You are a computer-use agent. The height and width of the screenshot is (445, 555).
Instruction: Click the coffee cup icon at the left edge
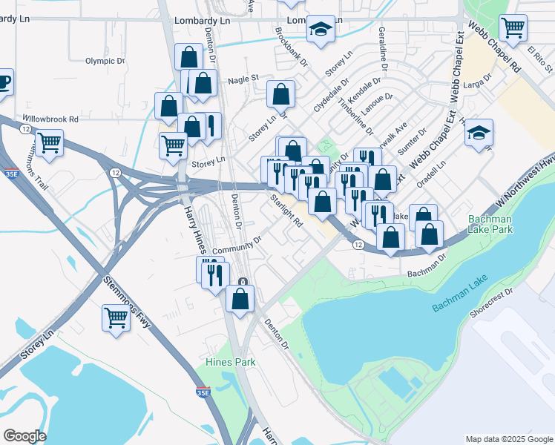[x=3, y=80]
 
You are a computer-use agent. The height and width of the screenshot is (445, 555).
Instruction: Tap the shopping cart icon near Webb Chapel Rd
[x=513, y=28]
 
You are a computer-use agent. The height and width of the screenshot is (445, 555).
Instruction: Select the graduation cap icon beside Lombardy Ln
[x=321, y=30]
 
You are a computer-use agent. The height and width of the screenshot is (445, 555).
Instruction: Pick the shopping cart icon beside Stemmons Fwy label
[x=116, y=317]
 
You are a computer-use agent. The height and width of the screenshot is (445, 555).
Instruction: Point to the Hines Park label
[x=230, y=362]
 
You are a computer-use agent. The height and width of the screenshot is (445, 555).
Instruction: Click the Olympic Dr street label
[x=102, y=61]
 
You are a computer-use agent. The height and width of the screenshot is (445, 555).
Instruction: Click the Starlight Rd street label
[x=287, y=211]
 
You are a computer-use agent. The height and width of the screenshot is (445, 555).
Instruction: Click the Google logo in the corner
[x=24, y=436]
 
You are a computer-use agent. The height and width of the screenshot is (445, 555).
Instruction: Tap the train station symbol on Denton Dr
[x=243, y=281]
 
